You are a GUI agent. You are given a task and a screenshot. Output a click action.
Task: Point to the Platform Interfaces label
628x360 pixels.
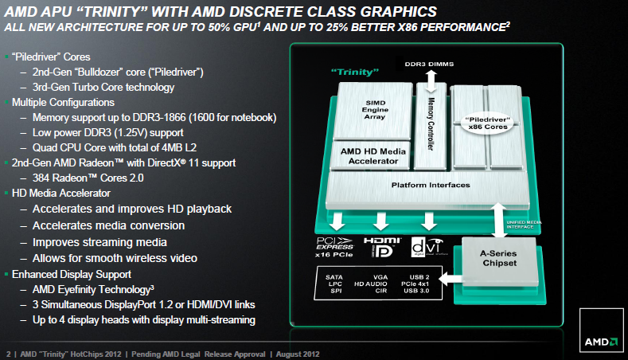431,185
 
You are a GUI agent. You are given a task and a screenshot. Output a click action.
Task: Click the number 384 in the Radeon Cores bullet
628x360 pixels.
44,178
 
